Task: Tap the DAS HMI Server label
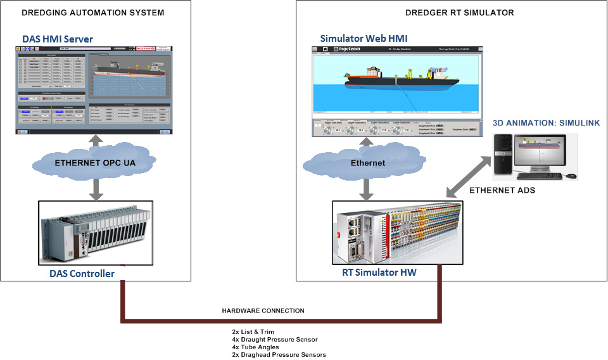(58, 39)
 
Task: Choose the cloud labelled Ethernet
(367, 164)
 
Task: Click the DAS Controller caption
(82, 274)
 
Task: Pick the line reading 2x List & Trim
(253, 331)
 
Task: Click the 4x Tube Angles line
(256, 347)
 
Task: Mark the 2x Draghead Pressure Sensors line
(279, 355)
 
